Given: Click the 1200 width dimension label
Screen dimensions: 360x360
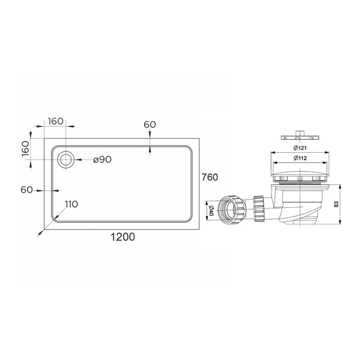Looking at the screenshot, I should tap(123, 236).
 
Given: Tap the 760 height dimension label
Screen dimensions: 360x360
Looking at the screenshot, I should tap(210, 177).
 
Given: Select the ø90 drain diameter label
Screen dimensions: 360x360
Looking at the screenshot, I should tap(102, 160).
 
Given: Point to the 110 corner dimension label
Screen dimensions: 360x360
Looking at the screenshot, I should tap(71, 204).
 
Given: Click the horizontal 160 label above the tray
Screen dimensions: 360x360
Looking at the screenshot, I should tap(56, 122).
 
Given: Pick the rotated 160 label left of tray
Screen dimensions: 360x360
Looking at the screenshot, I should tap(24, 148).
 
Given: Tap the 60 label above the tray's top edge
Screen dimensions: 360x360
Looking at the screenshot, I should tap(150, 125).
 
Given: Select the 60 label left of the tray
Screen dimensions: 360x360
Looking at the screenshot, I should tap(27, 190).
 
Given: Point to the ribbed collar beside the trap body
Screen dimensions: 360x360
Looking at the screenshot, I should tap(259, 208).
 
